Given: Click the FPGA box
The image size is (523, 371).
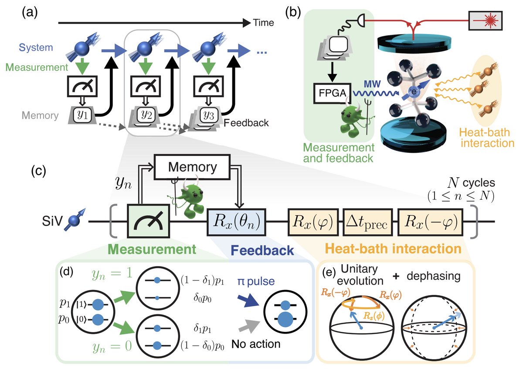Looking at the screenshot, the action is pos(333,93).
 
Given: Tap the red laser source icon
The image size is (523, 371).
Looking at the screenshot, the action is pos(486,21).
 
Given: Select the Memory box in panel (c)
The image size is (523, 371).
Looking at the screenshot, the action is pos(192,167).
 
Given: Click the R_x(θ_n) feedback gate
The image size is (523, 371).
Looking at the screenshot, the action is pos(236,222).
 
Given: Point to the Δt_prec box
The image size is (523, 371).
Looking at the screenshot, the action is pos(367,222).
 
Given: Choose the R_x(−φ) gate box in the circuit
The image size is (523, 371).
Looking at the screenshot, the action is pos(430,222).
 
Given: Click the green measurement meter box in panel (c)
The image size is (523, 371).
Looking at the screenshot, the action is pos(149,221).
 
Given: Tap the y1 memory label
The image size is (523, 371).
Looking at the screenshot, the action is pos(83,115).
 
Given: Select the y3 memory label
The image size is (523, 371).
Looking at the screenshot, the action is pos(208,115).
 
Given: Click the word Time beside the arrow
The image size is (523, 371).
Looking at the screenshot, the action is pos(263,23).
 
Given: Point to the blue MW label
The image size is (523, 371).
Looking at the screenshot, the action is pos(372,84).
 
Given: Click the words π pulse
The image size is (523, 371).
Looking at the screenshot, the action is pos(256,281).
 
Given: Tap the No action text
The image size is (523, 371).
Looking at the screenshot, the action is pos(256,344).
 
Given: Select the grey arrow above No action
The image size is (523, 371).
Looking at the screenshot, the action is pos(249,327).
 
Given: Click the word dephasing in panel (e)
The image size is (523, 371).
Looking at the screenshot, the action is pos(434,276).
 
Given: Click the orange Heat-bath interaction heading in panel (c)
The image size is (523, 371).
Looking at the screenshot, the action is pos(393,249).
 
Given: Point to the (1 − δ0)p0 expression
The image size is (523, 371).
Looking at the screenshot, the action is pos(202,346).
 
